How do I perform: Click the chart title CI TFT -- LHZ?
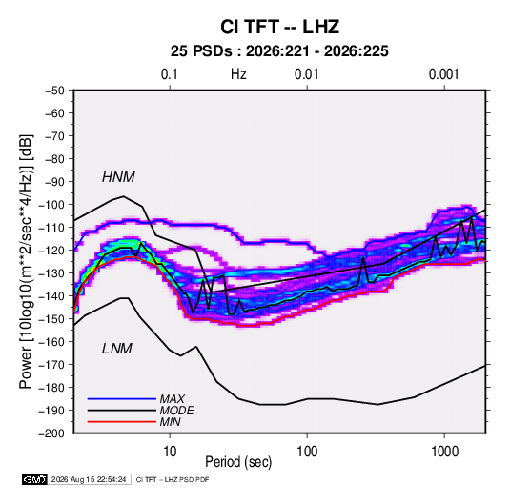(279, 27)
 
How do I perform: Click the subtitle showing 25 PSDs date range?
(279, 51)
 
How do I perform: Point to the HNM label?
(118, 177)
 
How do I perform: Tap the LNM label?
(117, 349)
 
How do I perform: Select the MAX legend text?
(173, 399)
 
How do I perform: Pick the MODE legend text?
(177, 411)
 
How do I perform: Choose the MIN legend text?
(170, 422)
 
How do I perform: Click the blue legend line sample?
(122, 399)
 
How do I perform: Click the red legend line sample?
(122, 422)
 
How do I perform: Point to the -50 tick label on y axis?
(54, 91)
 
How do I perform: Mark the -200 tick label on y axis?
(51, 433)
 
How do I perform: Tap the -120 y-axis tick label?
(51, 251)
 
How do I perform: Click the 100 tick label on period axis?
(307, 452)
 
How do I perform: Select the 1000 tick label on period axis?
(444, 452)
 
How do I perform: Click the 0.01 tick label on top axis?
(306, 74)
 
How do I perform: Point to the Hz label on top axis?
(238, 74)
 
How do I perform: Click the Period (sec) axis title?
(238, 462)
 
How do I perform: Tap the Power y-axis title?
(26, 262)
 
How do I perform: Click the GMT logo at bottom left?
(35, 479)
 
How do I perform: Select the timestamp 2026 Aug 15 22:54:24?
(89, 479)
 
